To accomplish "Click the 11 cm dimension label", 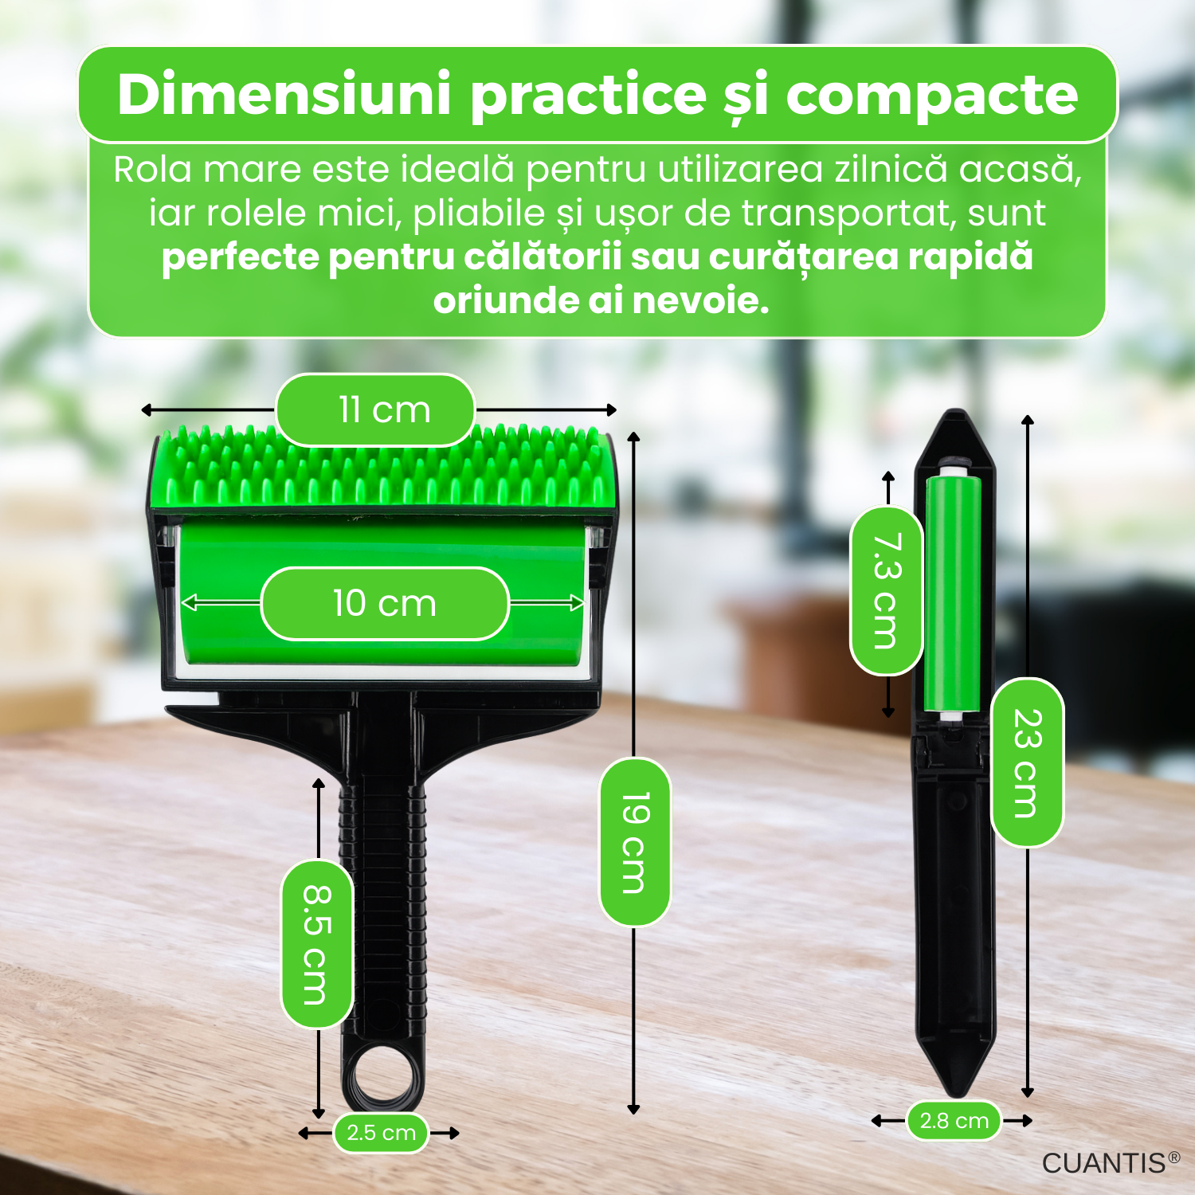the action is pos(375,409).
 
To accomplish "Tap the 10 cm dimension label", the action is pos(385,603).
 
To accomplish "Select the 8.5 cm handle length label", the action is pos(317,944).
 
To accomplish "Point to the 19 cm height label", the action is pos(634,842).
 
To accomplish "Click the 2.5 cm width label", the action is pos(382,1132).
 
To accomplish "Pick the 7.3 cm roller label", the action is pos(886,590).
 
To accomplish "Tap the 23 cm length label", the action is pos(1027,762).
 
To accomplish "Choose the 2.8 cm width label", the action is pos(954,1120).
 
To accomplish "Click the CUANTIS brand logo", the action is pos(1111,1163).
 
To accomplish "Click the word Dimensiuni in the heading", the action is pos(284,94).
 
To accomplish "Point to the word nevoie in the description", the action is pos(700,300).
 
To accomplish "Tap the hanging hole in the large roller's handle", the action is pos(383,1076).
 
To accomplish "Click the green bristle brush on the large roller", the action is pos(385,465).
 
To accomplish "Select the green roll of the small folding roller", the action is pos(953,593).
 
